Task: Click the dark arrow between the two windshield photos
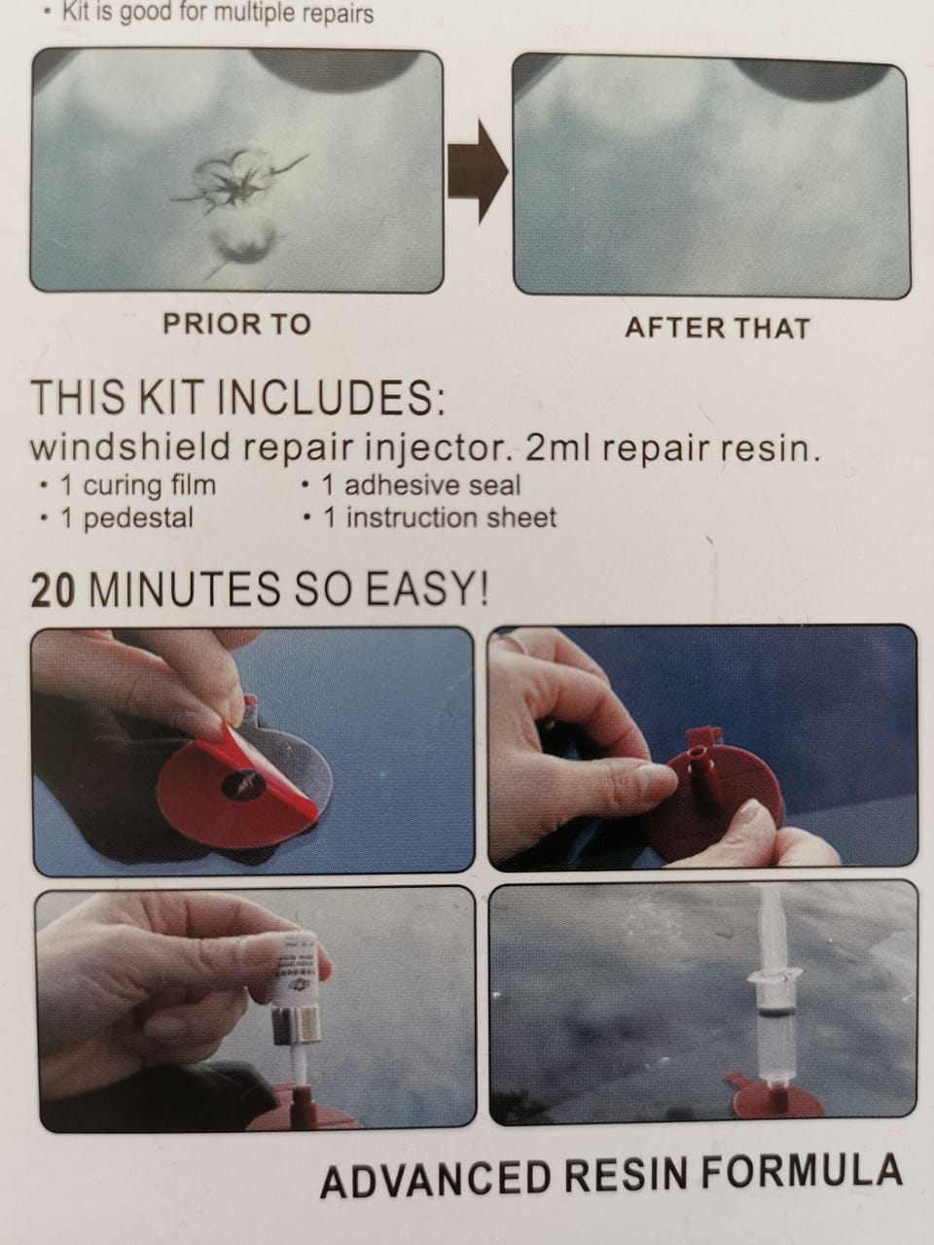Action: (478, 172)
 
